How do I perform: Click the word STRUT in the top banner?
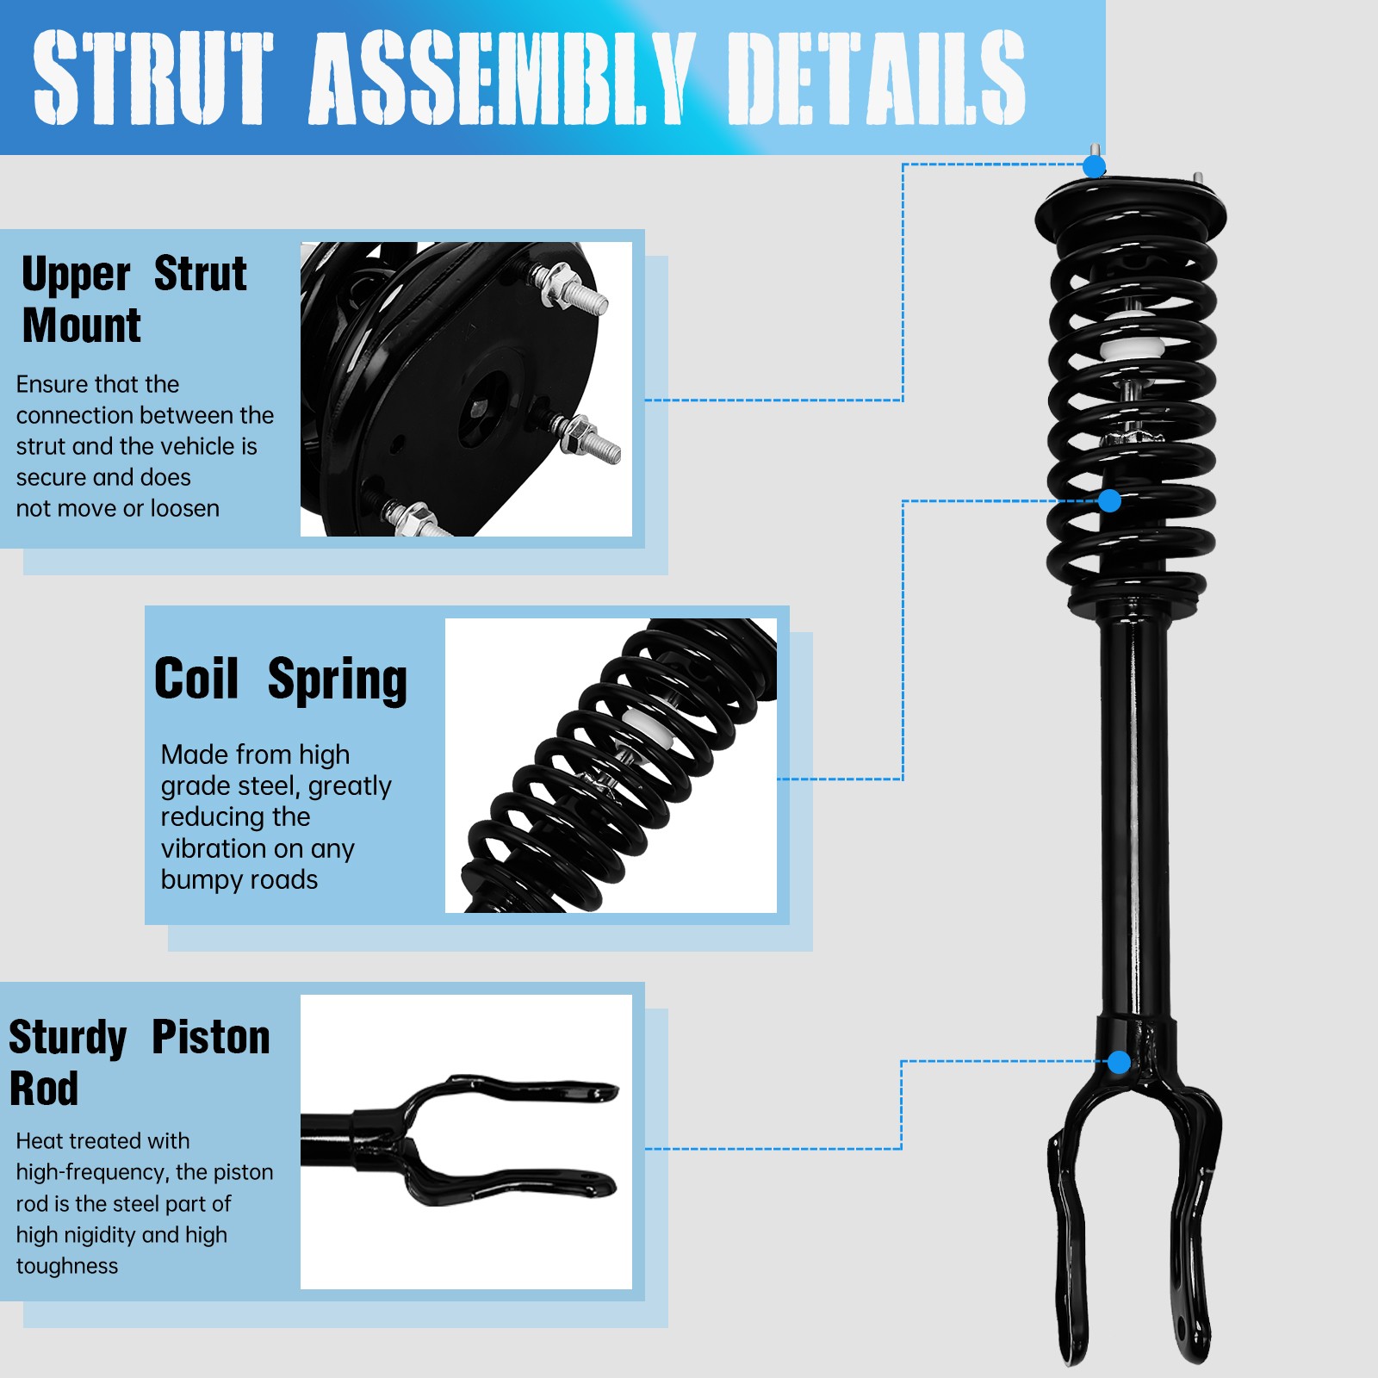[152, 78]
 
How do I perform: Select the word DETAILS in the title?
[876, 78]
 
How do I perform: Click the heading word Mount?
[82, 326]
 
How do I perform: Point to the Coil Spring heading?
[280, 680]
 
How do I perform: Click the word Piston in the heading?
[211, 1037]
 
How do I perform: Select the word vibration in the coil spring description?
[208, 848]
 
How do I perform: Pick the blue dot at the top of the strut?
[1094, 166]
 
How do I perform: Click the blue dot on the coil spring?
[1109, 500]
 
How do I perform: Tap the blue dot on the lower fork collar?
[1119, 1062]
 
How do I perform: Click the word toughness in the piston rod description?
[67, 1266]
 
